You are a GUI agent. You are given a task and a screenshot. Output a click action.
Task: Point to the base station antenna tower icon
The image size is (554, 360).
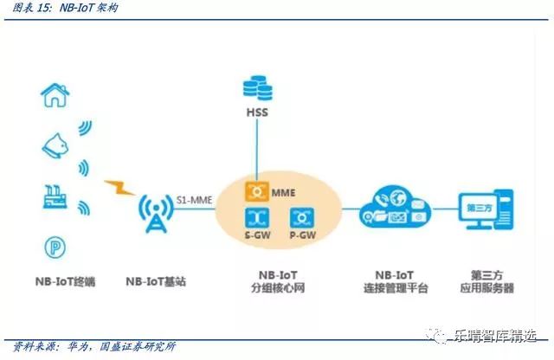(x=156, y=209)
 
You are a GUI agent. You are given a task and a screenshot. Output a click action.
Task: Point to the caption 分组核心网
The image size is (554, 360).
(x=280, y=288)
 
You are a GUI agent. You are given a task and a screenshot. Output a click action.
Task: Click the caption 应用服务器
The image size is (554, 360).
(x=484, y=288)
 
